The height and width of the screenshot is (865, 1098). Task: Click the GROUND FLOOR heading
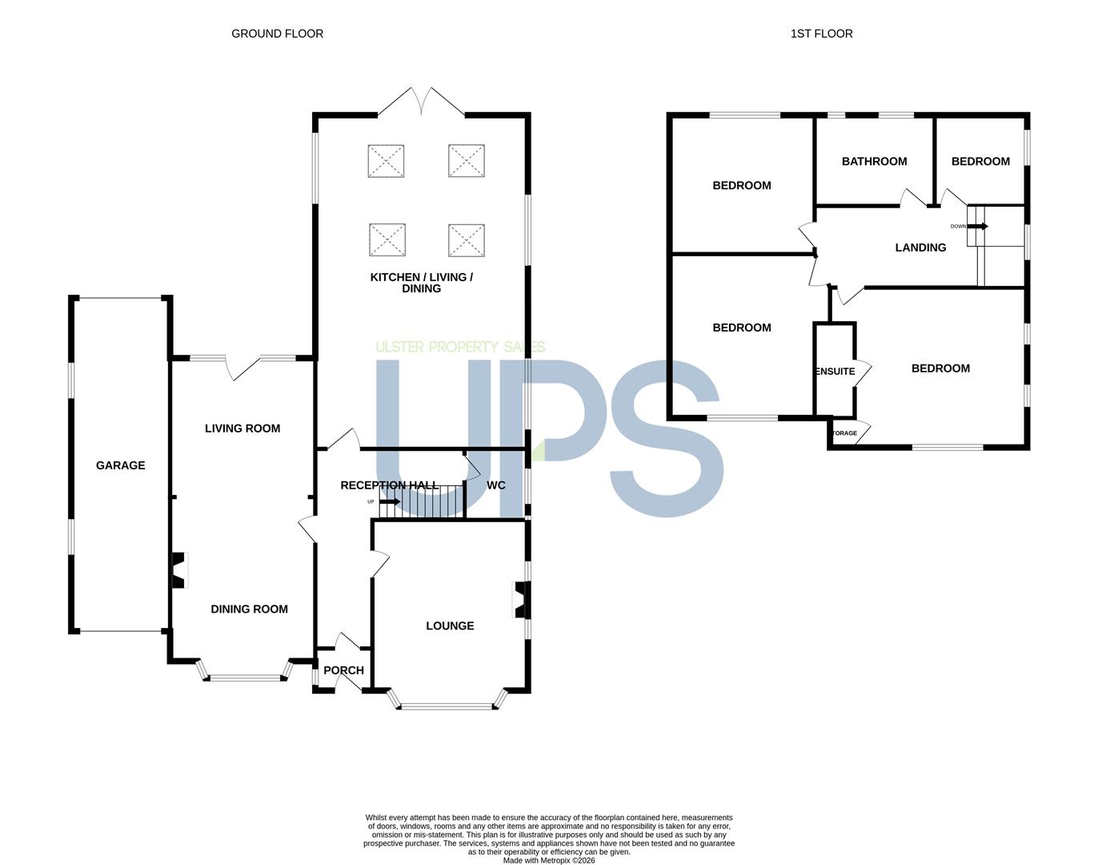pyautogui.click(x=277, y=34)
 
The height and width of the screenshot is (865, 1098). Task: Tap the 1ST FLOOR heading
pyautogui.click(x=821, y=34)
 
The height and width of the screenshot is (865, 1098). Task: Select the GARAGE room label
pyautogui.click(x=120, y=465)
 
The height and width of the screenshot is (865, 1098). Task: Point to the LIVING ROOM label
pyautogui.click(x=242, y=428)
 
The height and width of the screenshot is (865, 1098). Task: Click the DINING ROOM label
pyautogui.click(x=249, y=610)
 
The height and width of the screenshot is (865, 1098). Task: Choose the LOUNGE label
pyautogui.click(x=450, y=626)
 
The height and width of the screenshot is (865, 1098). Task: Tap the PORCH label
pyautogui.click(x=343, y=670)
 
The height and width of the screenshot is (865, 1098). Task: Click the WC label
pyautogui.click(x=496, y=485)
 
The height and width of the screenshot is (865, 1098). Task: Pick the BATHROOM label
pyautogui.click(x=875, y=161)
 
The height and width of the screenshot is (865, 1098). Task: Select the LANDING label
pyautogui.click(x=920, y=247)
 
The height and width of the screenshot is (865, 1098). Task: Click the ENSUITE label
pyautogui.click(x=836, y=372)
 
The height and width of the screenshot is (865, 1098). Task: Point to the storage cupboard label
pyautogui.click(x=844, y=433)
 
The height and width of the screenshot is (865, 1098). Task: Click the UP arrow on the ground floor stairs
pyautogui.click(x=390, y=502)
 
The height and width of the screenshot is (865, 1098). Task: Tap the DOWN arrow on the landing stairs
pyautogui.click(x=978, y=226)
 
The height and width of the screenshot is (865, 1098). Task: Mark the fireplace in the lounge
pyautogui.click(x=521, y=600)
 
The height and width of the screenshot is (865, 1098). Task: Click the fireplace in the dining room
pyautogui.click(x=178, y=569)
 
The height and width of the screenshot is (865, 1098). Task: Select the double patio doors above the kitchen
pyautogui.click(x=422, y=102)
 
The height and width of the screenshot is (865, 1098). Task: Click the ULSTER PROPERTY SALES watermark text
pyautogui.click(x=460, y=348)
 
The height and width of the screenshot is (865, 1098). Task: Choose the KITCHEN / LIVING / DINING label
pyautogui.click(x=422, y=283)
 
